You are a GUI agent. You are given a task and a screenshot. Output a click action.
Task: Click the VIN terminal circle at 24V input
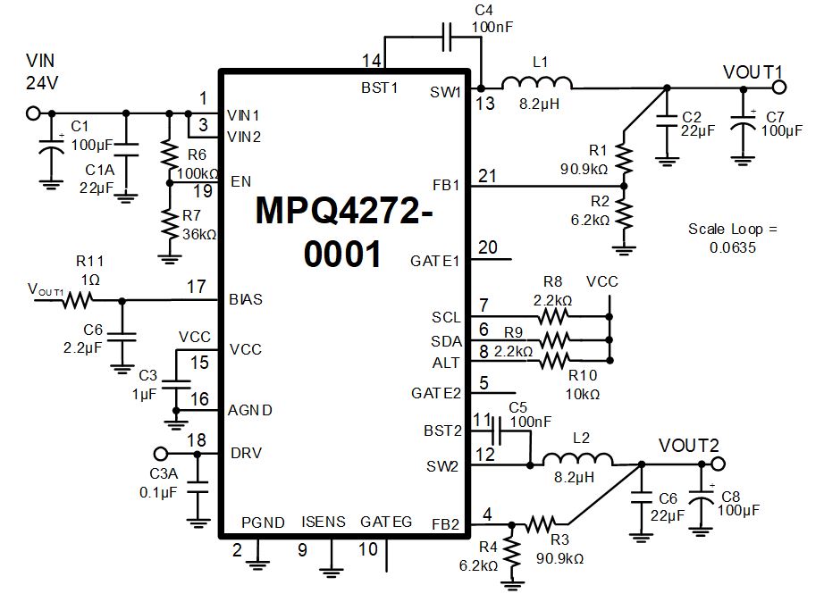pyautogui.click(x=35, y=113)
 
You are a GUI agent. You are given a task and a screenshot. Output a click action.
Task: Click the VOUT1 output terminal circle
pyautogui.click(x=778, y=87)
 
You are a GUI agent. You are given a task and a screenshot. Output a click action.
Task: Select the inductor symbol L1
pyautogui.click(x=537, y=84)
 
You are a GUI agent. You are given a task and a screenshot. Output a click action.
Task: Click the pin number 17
pyautogui.click(x=198, y=288)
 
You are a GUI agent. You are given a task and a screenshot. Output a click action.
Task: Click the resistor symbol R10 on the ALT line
pyautogui.click(x=556, y=361)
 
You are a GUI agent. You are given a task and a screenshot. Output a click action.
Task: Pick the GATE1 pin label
pyautogui.click(x=435, y=261)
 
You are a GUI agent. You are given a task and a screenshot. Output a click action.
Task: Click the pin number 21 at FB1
pyautogui.click(x=487, y=177)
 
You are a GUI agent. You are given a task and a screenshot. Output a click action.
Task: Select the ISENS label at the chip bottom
pyautogui.click(x=324, y=522)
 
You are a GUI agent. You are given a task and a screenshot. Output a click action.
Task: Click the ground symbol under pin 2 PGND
pyautogui.click(x=258, y=563)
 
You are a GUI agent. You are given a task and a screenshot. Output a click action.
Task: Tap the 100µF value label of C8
pyautogui.click(x=738, y=510)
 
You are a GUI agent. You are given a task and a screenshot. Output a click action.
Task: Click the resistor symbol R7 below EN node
pyautogui.click(x=167, y=223)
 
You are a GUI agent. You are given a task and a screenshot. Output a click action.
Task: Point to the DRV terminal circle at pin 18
pyautogui.click(x=161, y=453)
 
